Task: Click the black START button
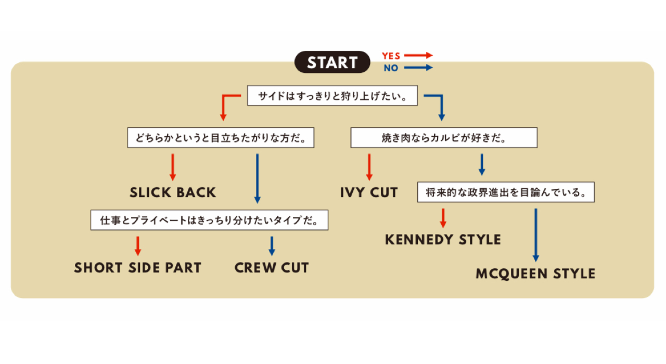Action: tap(332, 62)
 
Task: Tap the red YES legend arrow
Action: tap(418, 55)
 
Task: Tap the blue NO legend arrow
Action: tap(418, 68)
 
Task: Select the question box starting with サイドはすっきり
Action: tap(332, 96)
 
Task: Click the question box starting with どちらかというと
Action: tap(221, 138)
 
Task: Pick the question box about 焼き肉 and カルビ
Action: tap(443, 138)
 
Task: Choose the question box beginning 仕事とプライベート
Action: tap(209, 220)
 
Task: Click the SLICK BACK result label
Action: tap(173, 192)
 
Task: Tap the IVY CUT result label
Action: tap(369, 192)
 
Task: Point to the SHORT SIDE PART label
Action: tap(137, 268)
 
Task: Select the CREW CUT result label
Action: tap(272, 268)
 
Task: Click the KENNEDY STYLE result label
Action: tap(443, 240)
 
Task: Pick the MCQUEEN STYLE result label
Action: tap(535, 274)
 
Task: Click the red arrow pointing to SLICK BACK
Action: tap(173, 166)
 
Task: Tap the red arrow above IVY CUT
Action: tap(369, 166)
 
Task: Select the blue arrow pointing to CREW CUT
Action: tap(272, 246)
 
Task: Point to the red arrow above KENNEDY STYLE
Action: tap(443, 218)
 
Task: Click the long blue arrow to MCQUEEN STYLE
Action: tap(535, 235)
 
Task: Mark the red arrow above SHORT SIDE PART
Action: tap(138, 246)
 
